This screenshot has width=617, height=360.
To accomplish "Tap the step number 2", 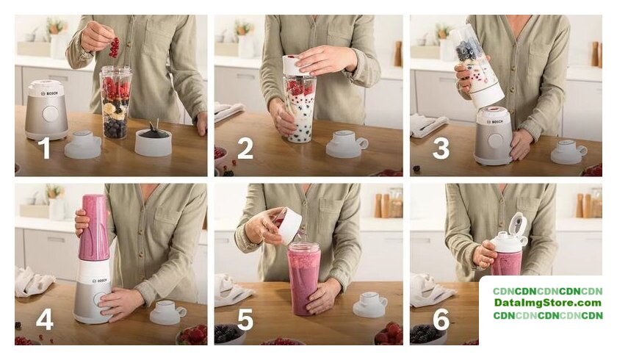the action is [245, 148].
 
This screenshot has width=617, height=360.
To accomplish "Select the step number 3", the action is [441, 148].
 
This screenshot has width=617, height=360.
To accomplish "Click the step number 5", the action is [245, 319].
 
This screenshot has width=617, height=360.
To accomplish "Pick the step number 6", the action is [441, 319].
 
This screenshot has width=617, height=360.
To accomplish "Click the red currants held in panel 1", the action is [114, 47].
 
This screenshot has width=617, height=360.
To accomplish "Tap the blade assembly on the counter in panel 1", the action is [154, 140].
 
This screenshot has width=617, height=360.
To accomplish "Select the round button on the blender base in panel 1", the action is [51, 114].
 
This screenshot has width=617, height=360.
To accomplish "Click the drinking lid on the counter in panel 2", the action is [347, 144].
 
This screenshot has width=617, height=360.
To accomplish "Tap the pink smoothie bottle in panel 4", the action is [93, 228].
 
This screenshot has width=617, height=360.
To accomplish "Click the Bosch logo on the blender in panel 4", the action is [99, 281].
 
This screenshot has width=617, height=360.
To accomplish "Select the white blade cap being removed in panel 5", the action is [289, 225].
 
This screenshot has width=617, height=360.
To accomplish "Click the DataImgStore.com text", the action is [548, 303].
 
